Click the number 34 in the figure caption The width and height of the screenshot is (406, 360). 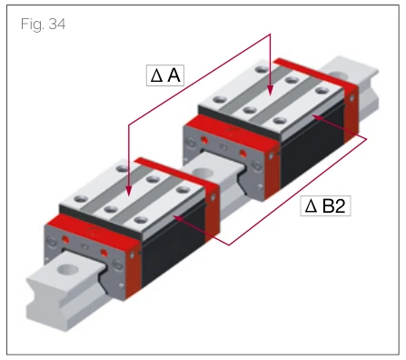point(57,24)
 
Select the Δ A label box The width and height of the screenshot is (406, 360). point(165,75)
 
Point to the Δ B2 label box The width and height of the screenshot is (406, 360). point(325,205)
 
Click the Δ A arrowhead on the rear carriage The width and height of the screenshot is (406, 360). point(270,90)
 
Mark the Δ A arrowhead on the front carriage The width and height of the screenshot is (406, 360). point(129,190)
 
